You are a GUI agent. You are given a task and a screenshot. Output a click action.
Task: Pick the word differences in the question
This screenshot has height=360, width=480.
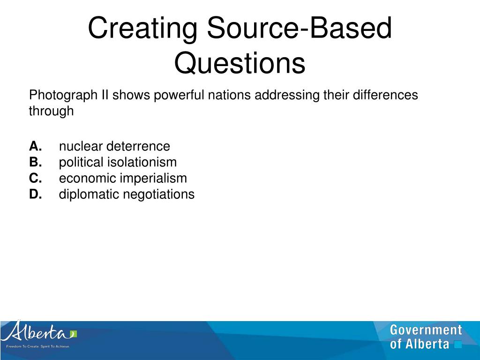[x=383, y=95]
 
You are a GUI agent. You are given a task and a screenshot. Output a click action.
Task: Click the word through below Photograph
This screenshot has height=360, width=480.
[x=51, y=111]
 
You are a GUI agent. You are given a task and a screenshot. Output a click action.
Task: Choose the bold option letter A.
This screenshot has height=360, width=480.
[x=35, y=146]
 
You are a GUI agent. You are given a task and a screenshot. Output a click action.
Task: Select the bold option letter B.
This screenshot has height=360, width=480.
[x=35, y=162]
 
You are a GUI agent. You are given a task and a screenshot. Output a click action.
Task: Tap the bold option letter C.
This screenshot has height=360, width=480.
[x=36, y=178]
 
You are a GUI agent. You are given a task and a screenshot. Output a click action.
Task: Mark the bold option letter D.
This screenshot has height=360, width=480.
[x=36, y=194]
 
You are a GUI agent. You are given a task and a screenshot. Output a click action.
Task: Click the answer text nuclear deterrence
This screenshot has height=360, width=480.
[x=114, y=146]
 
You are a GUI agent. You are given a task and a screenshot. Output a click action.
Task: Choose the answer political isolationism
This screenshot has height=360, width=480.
[x=118, y=162]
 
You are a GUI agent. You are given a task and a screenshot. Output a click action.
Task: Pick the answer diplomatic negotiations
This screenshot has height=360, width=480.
[x=127, y=194]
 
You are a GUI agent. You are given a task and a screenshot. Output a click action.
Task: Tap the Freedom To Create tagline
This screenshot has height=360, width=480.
[x=37, y=346]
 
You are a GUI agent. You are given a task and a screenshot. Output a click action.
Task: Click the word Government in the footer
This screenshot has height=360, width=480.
[x=426, y=330]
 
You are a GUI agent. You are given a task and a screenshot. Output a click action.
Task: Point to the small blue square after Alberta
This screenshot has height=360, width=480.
[x=458, y=345]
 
